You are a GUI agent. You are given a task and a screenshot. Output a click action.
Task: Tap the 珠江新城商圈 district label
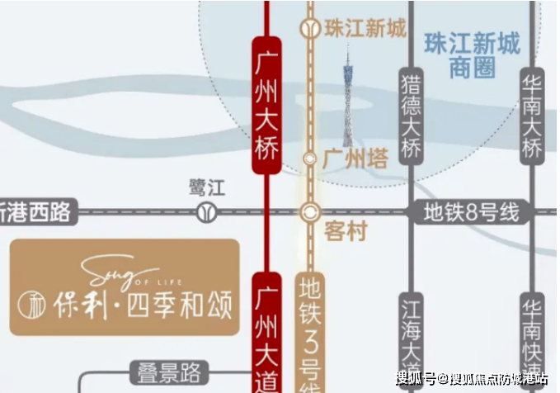(473, 55)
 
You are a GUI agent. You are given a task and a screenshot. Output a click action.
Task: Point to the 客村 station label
(346, 233)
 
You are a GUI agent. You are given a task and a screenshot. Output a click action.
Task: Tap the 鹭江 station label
(205, 187)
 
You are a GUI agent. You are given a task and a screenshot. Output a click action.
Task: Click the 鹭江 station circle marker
(203, 212)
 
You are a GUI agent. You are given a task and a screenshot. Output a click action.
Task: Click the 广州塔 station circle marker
(310, 158)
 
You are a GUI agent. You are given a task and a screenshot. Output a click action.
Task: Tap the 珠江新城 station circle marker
(310, 29)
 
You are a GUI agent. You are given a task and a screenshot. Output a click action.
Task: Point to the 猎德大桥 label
(411, 116)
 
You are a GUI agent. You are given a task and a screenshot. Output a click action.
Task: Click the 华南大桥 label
(532, 116)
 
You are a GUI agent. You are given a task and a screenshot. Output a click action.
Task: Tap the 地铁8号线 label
(471, 212)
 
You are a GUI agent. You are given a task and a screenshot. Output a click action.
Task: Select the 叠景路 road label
(170, 372)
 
